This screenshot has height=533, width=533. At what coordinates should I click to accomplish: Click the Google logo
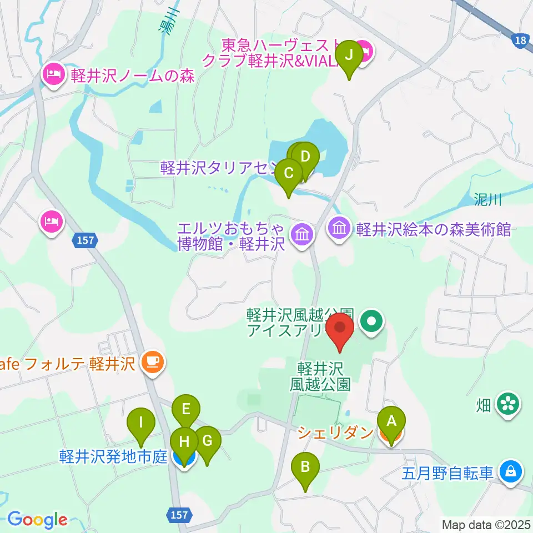point(37,520)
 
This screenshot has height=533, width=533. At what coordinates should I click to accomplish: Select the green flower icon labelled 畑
point(508,403)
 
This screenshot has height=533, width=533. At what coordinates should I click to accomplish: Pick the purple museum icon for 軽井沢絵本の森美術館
point(340,227)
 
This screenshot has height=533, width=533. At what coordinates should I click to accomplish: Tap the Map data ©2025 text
point(486,524)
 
